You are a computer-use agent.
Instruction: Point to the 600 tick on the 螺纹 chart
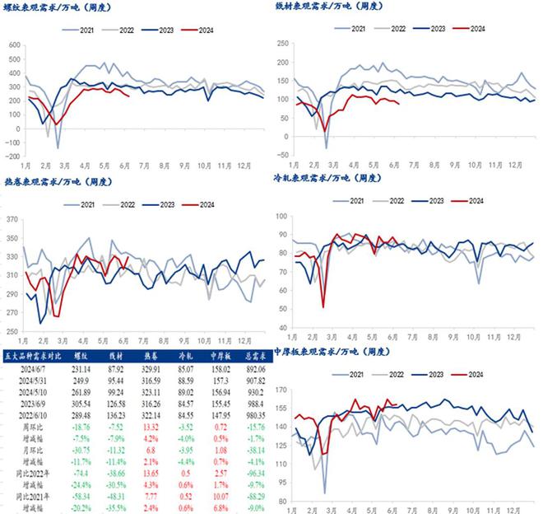(x=13, y=36)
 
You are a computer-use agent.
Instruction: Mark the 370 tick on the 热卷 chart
(x=13, y=219)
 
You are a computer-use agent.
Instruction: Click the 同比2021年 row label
(x=33, y=496)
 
